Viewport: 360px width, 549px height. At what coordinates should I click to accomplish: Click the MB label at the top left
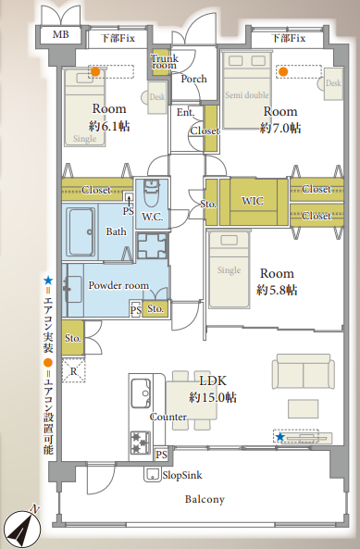pos(61,34)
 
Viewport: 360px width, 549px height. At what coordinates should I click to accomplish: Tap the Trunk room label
pos(165,62)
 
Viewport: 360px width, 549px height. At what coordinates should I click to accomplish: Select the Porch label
pos(193,79)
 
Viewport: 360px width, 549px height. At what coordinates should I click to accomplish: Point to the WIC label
pos(253,201)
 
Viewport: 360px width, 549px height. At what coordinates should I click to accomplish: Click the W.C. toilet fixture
pos(153,193)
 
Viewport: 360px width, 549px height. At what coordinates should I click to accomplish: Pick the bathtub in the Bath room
pos(81,231)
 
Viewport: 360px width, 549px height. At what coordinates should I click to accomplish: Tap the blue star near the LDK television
pos(279,437)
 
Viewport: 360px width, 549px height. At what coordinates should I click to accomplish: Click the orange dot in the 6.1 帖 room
pos(95,72)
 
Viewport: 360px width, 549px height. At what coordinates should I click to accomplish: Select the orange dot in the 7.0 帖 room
pos(283,72)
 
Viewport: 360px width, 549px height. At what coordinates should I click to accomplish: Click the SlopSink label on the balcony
pos(182,475)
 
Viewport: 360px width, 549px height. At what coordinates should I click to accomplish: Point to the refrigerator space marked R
pos(73,370)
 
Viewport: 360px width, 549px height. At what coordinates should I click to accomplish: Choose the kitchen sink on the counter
pos(141,393)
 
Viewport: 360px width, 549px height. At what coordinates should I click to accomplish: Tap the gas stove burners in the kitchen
pos(141,443)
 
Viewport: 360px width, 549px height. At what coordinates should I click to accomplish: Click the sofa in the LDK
pos(304,371)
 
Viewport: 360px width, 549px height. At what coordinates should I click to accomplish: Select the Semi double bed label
pos(247,94)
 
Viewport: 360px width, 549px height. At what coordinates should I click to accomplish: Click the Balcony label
pos(205,499)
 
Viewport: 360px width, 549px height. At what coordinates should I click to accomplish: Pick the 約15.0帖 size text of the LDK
pos(213,397)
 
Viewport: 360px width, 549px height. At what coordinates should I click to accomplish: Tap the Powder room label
pos(118,285)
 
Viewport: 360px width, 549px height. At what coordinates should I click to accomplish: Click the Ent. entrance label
pos(185,112)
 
